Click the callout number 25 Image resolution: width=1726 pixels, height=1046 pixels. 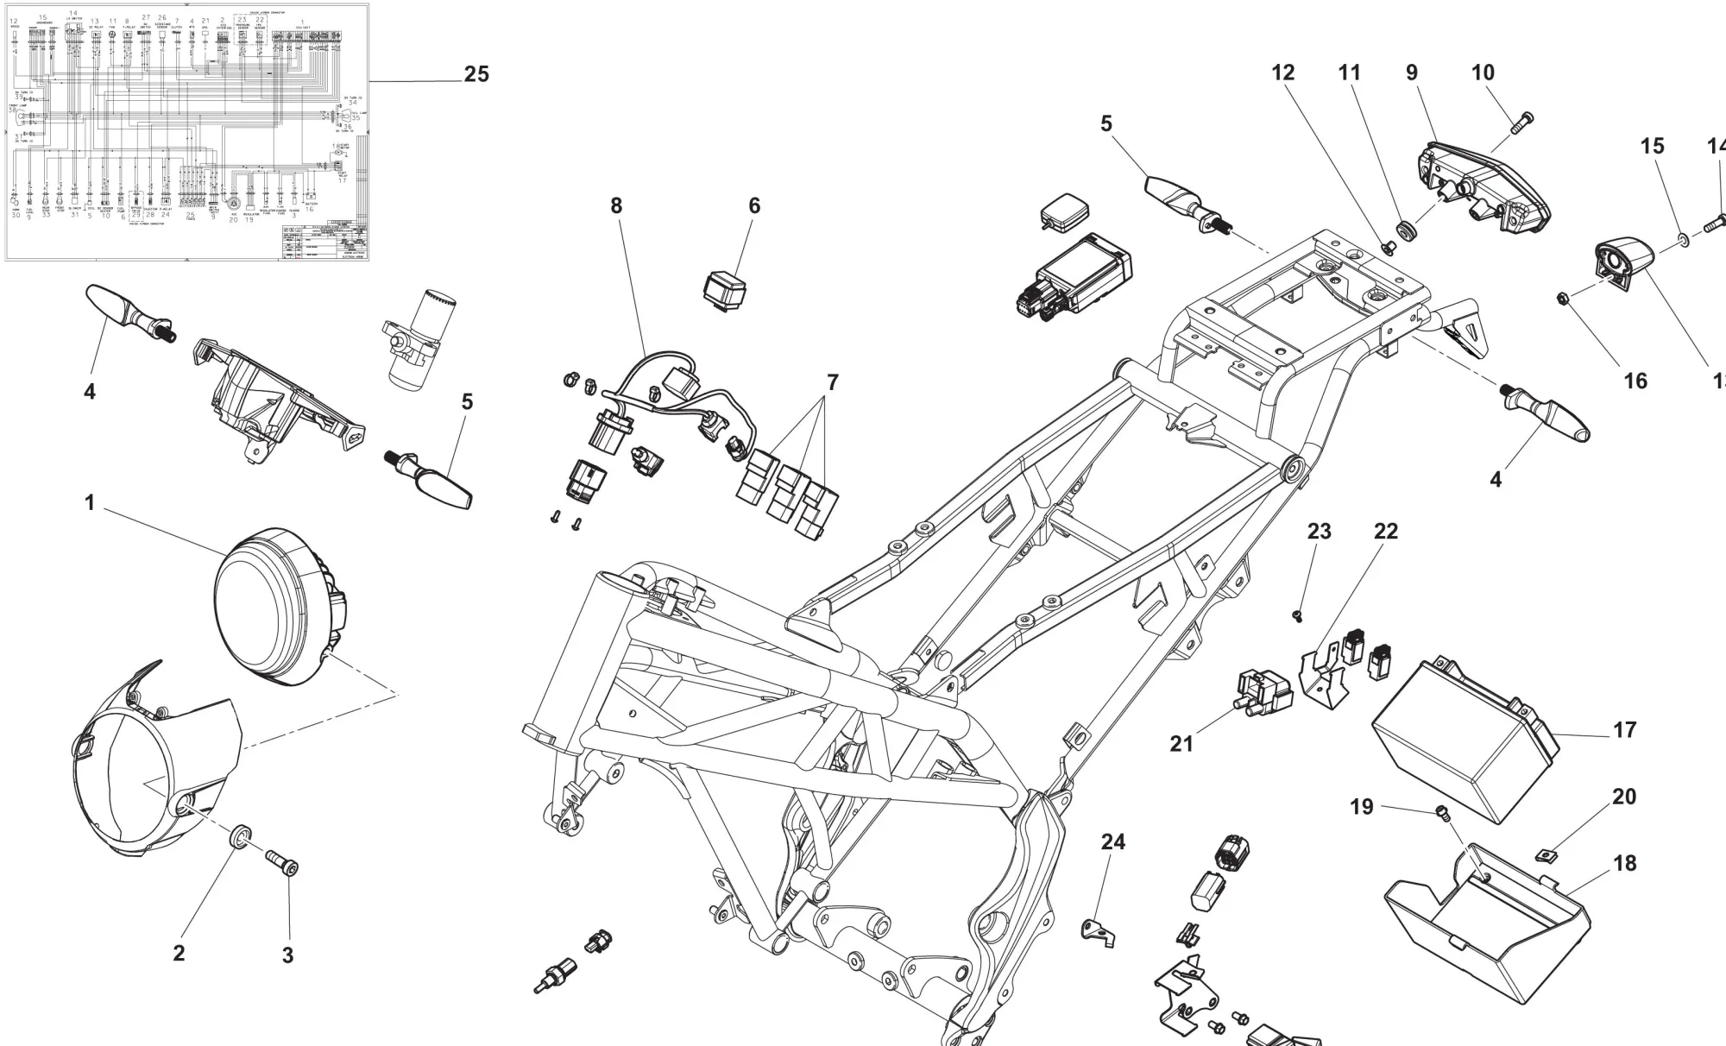coord(476,75)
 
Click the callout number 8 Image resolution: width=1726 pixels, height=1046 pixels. coord(615,205)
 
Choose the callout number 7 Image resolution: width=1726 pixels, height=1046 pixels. coord(832,381)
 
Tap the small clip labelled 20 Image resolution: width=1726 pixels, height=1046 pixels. coord(1547,855)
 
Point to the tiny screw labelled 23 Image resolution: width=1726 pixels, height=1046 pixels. coord(1297,614)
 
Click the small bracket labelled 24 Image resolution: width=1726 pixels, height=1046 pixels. coord(1097,930)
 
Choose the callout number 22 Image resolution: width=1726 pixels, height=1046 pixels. coord(1385,532)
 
